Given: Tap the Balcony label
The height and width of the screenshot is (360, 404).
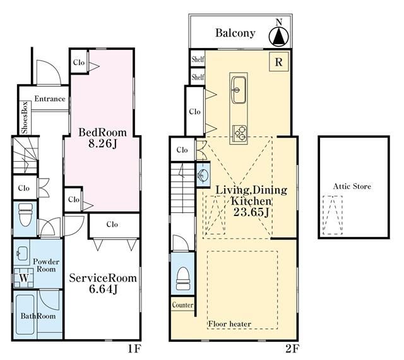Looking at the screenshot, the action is click(235, 33).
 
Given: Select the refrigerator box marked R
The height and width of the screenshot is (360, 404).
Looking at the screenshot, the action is click(279, 62).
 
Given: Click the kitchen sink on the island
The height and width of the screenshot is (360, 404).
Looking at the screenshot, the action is click(239, 90).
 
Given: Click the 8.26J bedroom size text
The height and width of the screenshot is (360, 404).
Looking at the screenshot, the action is click(103, 143).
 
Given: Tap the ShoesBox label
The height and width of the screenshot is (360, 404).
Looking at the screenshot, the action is click(25, 118).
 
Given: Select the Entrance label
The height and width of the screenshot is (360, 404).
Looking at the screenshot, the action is click(50, 99).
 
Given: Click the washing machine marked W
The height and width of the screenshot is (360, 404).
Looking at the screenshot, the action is click(24, 278).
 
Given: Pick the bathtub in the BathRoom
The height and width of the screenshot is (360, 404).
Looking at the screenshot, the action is click(25, 315).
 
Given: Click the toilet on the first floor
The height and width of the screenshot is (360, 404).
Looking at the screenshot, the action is click(26, 215).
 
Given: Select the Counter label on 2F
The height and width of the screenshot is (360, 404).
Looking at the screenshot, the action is click(182, 305).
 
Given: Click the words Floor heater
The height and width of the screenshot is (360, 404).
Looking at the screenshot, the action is click(230, 324).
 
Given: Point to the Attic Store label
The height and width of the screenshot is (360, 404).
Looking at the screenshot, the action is click(352, 186).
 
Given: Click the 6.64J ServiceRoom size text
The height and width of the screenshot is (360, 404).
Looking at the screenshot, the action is click(104, 289).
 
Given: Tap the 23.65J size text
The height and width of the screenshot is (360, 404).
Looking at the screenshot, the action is click(251, 212).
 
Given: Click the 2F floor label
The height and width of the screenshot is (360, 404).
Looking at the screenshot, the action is click(292, 349).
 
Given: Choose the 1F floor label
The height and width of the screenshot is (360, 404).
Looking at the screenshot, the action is click(134, 349).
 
